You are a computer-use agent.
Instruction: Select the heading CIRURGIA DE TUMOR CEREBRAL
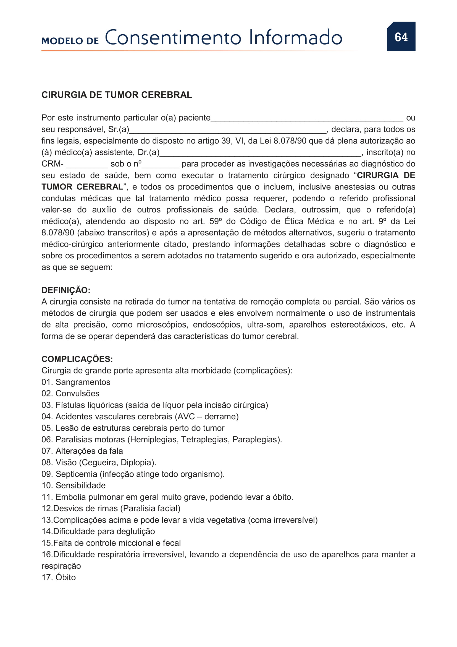coord(117,95)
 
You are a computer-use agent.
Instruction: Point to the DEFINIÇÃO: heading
coord(66,290)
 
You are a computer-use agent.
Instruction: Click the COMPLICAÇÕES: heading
coord(77,359)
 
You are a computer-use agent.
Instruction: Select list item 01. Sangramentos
coord(76,382)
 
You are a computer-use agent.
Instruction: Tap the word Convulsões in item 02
coord(78,394)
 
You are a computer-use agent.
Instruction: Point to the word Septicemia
coord(77,474)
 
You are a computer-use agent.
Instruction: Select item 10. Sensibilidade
coord(74,485)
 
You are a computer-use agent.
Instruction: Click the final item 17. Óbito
coord(59,578)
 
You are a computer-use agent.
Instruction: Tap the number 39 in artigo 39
coord(226,141)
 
